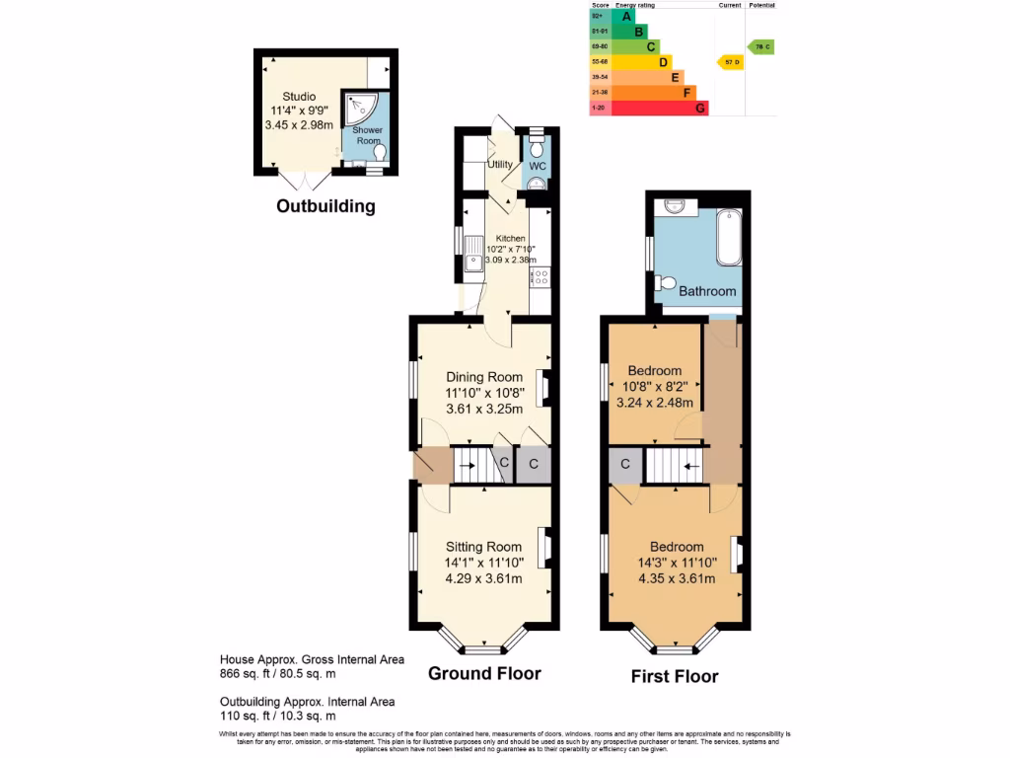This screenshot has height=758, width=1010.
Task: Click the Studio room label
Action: click(300, 96)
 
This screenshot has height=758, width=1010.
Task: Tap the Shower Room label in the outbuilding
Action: click(367, 135)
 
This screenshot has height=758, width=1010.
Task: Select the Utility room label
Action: click(500, 164)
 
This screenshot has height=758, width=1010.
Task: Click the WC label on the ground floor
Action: click(537, 166)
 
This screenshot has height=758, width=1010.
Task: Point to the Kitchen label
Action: click(511, 239)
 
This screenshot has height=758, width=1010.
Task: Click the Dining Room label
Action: click(483, 377)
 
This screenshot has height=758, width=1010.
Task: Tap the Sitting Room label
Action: click(483, 547)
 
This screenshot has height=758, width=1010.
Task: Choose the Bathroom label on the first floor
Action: click(707, 291)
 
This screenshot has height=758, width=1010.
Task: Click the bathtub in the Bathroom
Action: click(729, 237)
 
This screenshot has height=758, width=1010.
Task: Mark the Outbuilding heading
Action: click(325, 206)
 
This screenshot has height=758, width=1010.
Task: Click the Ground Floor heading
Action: click(483, 674)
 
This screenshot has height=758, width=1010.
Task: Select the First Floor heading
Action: click(675, 676)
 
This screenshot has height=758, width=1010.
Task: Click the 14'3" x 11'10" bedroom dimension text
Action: click(677, 564)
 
